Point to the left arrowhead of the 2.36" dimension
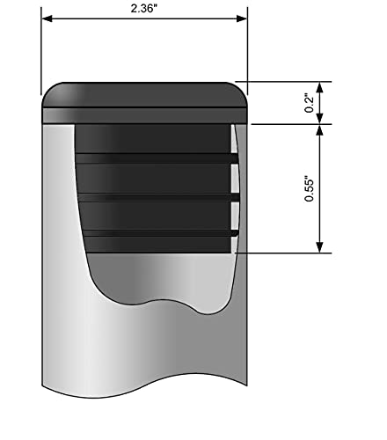pos(47,18)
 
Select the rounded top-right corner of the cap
pos(240,90)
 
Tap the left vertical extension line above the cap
pos(41,53)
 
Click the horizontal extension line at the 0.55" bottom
pos(281,253)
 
